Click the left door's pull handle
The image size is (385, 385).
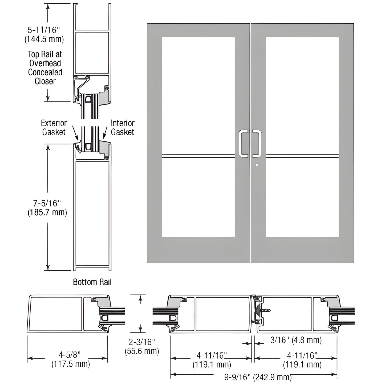[x=243, y=143]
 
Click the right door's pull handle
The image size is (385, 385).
[x=257, y=143]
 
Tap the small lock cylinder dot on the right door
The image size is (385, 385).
[x=257, y=165]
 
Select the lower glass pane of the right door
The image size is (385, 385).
[x=302, y=197]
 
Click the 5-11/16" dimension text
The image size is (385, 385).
[x=44, y=30]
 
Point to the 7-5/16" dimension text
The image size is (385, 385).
[x=47, y=203]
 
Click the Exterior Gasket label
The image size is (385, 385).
[x=54, y=127]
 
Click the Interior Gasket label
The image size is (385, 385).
[x=122, y=127]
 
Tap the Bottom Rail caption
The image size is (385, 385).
[x=92, y=282]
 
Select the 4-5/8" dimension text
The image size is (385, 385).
[x=70, y=355]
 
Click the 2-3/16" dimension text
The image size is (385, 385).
[x=141, y=342]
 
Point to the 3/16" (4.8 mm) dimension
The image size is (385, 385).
[x=296, y=340]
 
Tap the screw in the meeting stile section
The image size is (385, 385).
[x=266, y=310]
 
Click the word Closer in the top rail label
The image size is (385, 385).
[x=45, y=81]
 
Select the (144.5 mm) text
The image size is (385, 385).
[x=44, y=39]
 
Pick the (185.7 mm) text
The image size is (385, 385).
[x=47, y=212]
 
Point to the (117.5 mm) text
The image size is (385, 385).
[x=70, y=364]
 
